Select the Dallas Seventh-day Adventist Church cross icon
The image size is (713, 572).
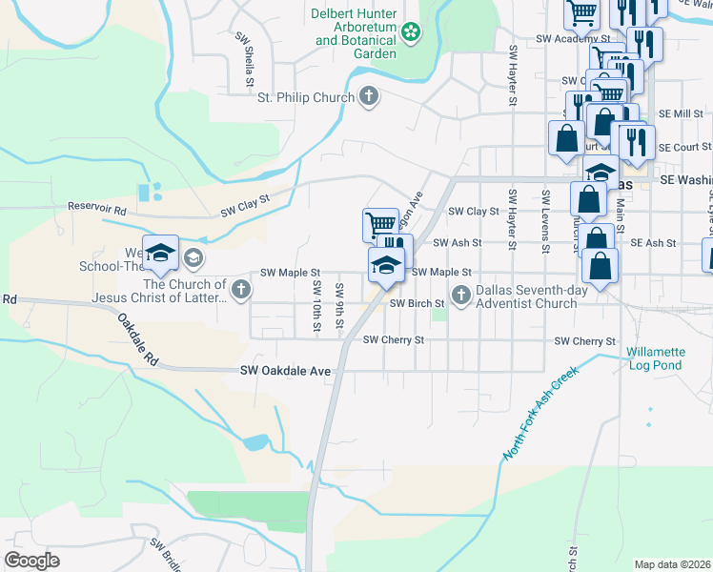[461, 296]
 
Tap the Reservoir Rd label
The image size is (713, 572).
[96, 207]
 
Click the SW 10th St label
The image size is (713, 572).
[316, 307]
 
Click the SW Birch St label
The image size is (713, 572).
[418, 304]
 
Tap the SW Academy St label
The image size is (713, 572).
[571, 39]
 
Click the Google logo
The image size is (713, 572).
[32, 561]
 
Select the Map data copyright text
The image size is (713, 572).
[672, 564]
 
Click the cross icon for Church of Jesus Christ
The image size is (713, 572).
[240, 289]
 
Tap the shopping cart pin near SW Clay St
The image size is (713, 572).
[379, 224]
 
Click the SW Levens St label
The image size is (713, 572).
[545, 221]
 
